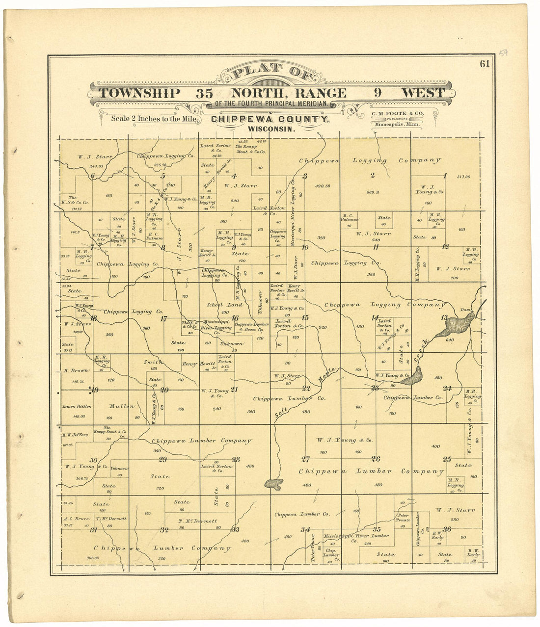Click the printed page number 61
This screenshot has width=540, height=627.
coord(485,63)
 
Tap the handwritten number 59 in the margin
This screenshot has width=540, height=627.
coord(503,52)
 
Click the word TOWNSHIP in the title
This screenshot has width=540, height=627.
coord(139,93)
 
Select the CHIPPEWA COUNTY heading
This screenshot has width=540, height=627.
coord(270,120)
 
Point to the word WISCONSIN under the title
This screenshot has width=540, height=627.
coord(271,129)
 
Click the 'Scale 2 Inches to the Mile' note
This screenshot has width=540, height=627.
coord(154,118)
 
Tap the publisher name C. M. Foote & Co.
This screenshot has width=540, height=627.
coord(397,113)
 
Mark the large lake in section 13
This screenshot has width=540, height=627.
coord(459,324)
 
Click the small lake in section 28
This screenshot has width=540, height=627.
coord(273,484)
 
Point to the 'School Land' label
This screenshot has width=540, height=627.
coord(221,305)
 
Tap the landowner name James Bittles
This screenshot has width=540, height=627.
coord(76,406)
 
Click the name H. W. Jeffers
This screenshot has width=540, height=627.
coord(75,435)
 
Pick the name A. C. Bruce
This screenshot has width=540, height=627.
coord(75,519)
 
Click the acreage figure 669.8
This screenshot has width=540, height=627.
coord(374,192)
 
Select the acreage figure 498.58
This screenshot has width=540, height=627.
coord(322,186)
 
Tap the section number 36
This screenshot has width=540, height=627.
coord(447,529)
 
